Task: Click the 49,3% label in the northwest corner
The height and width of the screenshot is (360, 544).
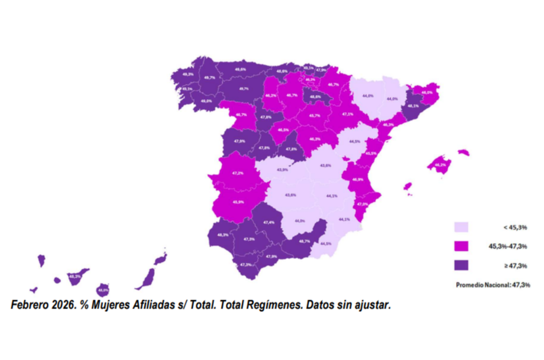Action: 188,74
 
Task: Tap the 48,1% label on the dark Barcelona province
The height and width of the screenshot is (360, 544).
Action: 413,106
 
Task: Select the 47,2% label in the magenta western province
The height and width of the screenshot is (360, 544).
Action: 238,173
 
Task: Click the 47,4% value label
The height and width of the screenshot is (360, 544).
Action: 269,222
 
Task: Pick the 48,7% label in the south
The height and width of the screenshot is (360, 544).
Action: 304,241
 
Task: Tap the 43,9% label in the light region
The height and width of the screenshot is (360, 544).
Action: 282,170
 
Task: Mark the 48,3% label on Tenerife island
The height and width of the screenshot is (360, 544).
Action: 75,276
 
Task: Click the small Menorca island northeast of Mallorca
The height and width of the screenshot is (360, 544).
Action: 463,152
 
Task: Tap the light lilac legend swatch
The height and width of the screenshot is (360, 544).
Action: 461,227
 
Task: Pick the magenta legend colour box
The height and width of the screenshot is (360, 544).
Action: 461,246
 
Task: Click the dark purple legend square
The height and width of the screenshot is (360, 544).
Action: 461,265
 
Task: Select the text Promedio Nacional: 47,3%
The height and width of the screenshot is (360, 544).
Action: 493,285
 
